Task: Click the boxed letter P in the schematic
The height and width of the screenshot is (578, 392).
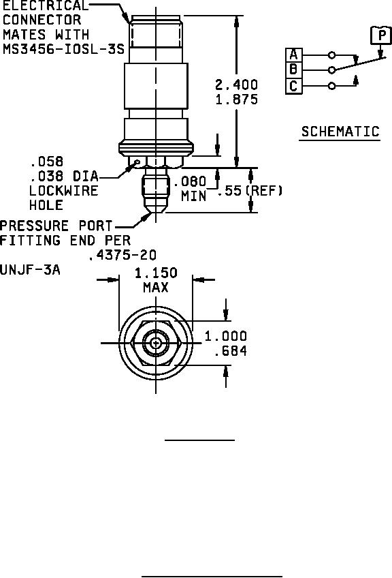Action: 381,35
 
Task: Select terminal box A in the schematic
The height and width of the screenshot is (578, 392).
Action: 293,55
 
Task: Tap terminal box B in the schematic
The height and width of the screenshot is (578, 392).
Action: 293,70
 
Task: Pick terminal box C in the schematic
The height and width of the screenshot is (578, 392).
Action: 293,86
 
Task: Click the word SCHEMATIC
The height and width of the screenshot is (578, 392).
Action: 340,132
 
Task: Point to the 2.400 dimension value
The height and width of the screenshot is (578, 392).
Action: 237,85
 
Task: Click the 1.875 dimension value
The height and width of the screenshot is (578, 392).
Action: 237,100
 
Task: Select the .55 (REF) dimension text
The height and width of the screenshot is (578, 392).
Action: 250,191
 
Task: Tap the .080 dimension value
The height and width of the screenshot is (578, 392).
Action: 190,181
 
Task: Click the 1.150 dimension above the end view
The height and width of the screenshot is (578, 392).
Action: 156,273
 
